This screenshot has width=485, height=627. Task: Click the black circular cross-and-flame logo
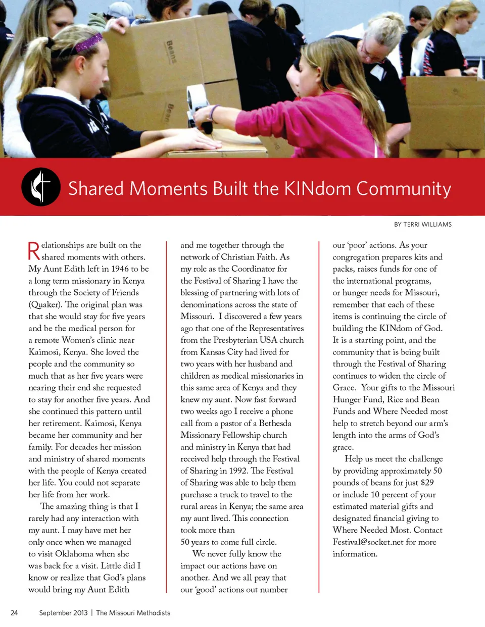[41, 187]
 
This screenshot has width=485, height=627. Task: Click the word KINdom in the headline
[317, 189]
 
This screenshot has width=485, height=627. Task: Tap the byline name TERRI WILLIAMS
[427, 224]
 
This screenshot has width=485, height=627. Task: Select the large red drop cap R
[34, 251]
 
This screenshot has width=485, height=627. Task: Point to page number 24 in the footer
[14, 613]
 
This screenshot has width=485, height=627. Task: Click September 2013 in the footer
[63, 613]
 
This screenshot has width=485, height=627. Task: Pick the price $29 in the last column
[427, 482]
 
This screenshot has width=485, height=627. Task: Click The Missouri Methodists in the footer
[133, 613]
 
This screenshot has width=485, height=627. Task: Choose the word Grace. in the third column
[344, 387]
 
